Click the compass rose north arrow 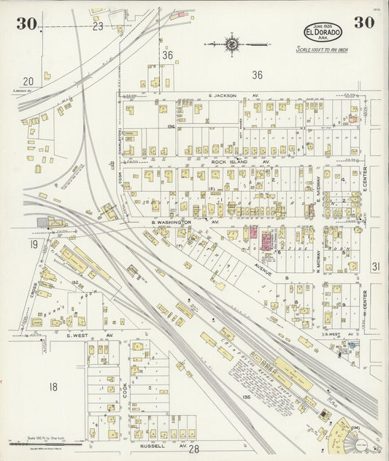(x=232, y=44)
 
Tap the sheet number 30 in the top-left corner (x=26, y=23)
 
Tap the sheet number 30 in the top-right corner (x=364, y=23)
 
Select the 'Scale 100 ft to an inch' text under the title (x=322, y=50)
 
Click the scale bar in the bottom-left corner (x=44, y=443)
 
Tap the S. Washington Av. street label (x=176, y=222)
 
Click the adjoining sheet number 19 (x=33, y=244)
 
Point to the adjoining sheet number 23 (x=98, y=26)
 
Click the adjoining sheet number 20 (x=28, y=82)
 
